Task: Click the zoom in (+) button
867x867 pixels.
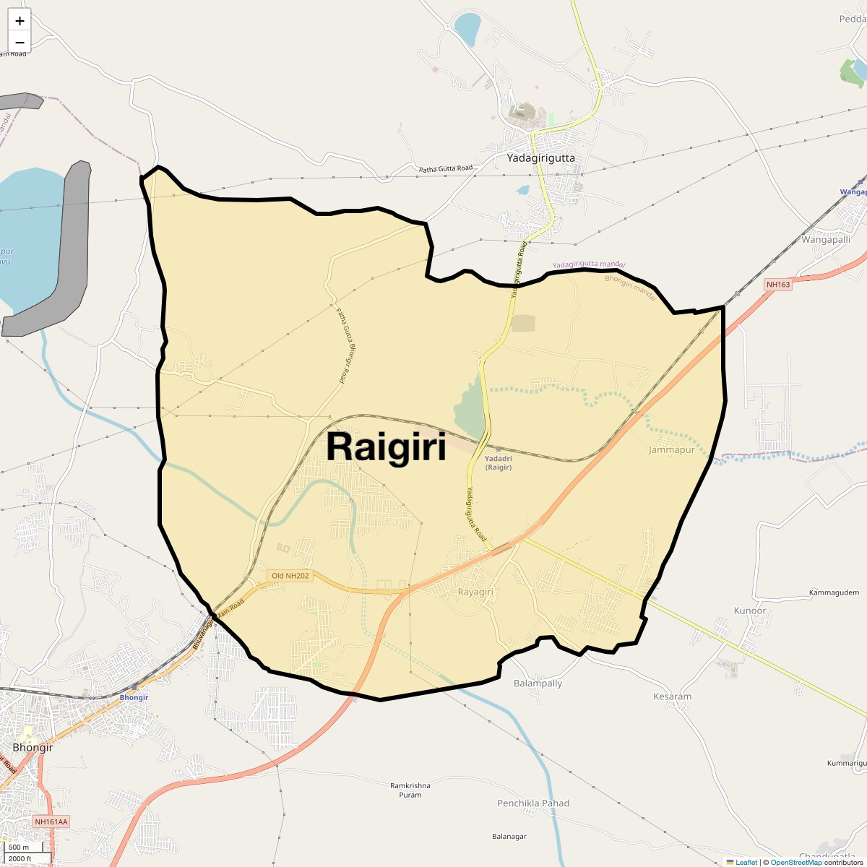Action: [20, 21]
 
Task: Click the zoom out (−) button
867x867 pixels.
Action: [20, 42]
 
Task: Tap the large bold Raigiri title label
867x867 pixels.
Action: [386, 447]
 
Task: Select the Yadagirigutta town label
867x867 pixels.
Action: [540, 158]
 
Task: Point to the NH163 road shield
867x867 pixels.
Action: [779, 285]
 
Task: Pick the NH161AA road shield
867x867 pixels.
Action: [51, 822]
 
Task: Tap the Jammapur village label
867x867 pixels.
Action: [671, 450]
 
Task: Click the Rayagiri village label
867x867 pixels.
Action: [475, 592]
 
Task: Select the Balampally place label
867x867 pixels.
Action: [538, 683]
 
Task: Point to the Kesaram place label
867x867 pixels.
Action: [672, 696]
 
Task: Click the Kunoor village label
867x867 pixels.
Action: [749, 611]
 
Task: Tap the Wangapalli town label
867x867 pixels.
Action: [826, 239]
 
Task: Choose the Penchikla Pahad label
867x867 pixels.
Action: [533, 803]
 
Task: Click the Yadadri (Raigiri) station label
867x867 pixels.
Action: [499, 462]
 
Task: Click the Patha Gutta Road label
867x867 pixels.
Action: [446, 168]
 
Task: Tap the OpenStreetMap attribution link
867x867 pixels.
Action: [795, 862]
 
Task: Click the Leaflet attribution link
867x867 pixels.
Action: [746, 862]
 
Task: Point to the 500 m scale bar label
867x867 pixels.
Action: [19, 847]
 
